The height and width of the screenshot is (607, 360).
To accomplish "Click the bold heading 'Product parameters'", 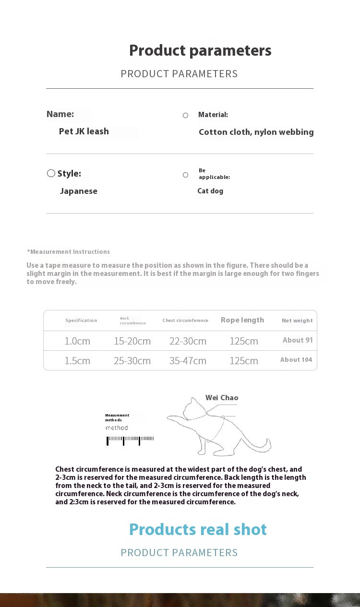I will [x=200, y=50].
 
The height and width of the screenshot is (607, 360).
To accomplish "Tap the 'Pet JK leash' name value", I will [x=84, y=131].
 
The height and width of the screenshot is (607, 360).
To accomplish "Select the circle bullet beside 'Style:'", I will [x=51, y=173].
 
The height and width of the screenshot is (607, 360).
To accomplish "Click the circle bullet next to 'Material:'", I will [x=185, y=115].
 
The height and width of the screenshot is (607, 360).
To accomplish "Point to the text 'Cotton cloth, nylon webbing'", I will [x=256, y=132].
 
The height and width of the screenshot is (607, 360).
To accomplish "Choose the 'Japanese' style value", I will [x=79, y=191].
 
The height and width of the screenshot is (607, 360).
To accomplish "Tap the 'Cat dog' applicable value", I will [x=210, y=191].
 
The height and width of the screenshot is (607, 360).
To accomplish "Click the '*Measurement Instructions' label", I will [x=69, y=252].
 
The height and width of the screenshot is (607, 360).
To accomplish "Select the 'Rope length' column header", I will [x=242, y=320].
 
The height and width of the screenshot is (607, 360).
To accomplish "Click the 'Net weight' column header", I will [x=297, y=321].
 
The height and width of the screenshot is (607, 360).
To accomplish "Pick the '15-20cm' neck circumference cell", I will [x=132, y=341].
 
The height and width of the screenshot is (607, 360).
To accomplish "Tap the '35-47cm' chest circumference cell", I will [x=188, y=361].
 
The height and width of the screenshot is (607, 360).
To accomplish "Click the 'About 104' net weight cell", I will [x=296, y=360].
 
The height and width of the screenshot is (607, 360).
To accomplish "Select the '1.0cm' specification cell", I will [x=77, y=341].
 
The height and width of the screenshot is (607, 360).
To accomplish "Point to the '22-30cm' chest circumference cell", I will [x=188, y=341].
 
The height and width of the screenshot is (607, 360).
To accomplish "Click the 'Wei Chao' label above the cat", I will [x=222, y=398].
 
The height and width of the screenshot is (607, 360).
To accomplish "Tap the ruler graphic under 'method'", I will [x=130, y=440].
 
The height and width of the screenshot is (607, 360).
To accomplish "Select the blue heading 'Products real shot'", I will [x=198, y=529].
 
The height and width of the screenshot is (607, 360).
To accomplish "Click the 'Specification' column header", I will [x=81, y=321].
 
